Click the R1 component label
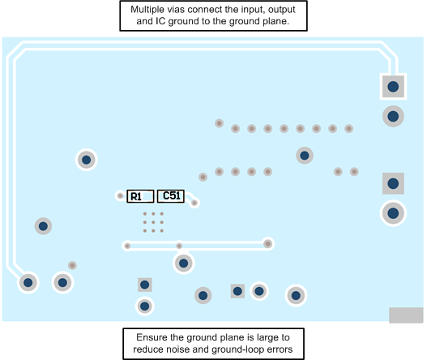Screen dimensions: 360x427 pos(136,196)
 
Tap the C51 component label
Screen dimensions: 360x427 pos(172,195)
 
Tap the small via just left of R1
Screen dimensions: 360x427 pos(120,195)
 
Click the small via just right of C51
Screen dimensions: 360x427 pos(194,202)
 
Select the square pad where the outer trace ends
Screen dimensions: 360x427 pos(393,86)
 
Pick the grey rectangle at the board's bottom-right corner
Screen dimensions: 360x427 pos(405,315)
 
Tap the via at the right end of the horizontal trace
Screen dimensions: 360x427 pos(267,243)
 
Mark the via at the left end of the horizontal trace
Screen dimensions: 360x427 pos(127,245)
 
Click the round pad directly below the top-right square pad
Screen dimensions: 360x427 pos(393,117)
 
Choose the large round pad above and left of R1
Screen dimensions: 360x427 pos(86,159)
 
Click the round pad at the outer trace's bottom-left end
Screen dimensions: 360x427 pos(28,282)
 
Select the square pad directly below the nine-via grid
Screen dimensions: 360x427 pos(144,284)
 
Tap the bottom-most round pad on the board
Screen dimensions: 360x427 pos(144,306)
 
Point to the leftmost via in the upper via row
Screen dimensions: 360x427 pos(219,123)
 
